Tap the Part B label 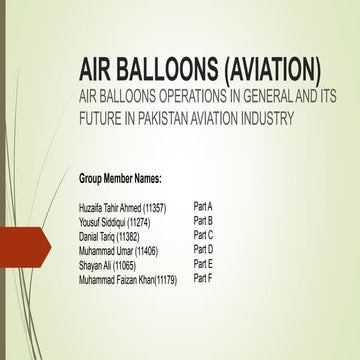(203, 220)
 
